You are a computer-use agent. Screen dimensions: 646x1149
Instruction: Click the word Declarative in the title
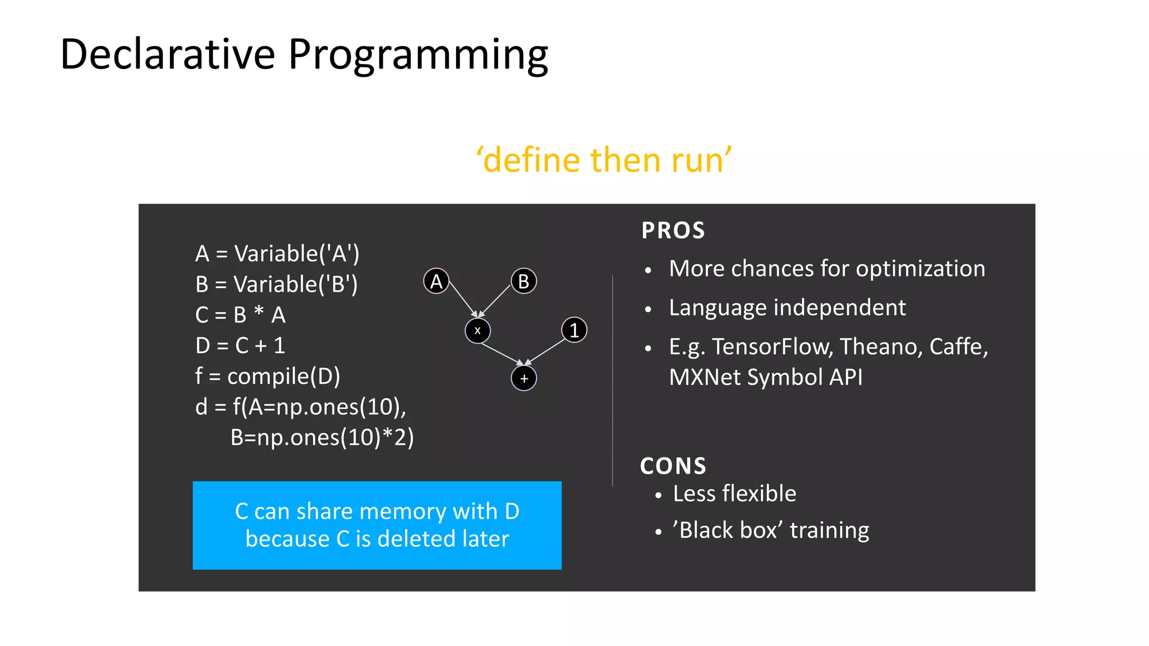(167, 54)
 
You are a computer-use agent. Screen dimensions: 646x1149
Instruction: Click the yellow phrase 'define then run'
(604, 160)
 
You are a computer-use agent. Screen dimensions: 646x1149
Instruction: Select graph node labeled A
(436, 281)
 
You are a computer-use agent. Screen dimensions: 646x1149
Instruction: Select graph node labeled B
(523, 281)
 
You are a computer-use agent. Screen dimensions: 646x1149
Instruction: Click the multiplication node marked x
(477, 331)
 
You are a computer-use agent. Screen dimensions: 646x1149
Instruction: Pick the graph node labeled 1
(574, 330)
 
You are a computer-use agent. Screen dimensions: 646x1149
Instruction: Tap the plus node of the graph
(523, 379)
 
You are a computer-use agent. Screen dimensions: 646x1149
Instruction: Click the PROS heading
(673, 230)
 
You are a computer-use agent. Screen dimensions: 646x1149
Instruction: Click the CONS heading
(673, 466)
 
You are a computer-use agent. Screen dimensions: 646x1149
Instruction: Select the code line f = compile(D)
(268, 376)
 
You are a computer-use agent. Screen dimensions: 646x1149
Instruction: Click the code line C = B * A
(240, 315)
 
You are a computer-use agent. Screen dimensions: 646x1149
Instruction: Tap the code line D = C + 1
(240, 345)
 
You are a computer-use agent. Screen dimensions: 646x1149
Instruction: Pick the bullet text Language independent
(787, 308)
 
